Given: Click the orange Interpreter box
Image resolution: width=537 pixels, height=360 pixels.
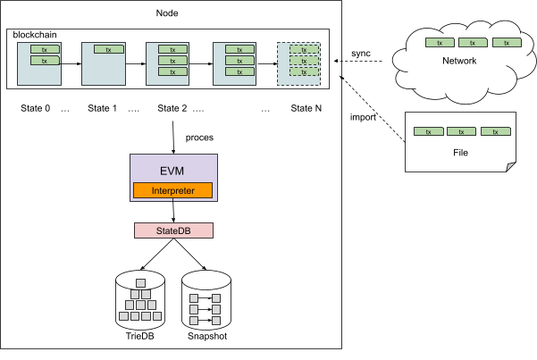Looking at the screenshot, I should pyautogui.click(x=173, y=190).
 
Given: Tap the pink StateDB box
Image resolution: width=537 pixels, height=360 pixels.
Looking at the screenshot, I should pyautogui.click(x=173, y=230).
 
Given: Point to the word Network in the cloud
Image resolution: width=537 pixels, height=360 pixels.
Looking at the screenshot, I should pyautogui.click(x=459, y=61).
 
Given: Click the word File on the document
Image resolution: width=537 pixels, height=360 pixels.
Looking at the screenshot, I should pyautogui.click(x=461, y=152).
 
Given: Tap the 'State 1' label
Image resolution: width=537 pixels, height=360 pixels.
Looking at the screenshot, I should pyautogui.click(x=103, y=108).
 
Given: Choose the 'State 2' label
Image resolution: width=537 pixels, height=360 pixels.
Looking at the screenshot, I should pyautogui.click(x=172, y=108).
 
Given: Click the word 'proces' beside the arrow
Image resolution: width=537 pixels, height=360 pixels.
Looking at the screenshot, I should pyautogui.click(x=199, y=138).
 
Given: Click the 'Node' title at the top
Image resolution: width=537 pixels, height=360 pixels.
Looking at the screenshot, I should pyautogui.click(x=170, y=13).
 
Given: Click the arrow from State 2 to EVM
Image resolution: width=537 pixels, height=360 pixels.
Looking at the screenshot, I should pyautogui.click(x=172, y=134).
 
